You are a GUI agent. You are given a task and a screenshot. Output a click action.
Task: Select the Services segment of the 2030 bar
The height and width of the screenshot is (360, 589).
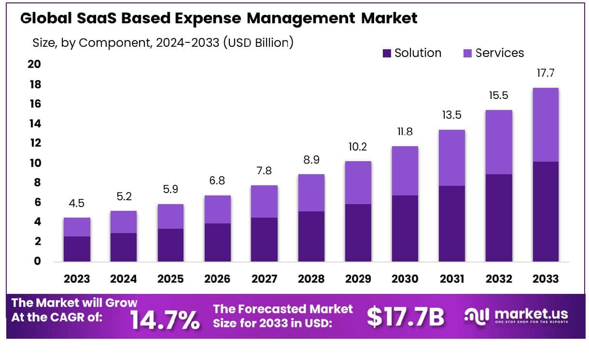[x=405, y=170]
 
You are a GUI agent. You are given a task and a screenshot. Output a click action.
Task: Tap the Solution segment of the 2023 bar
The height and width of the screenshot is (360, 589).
[x=77, y=249]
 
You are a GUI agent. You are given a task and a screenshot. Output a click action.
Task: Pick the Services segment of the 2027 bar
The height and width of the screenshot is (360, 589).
[x=264, y=201]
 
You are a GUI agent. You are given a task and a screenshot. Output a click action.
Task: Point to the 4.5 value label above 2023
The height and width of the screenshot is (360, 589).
[x=77, y=203]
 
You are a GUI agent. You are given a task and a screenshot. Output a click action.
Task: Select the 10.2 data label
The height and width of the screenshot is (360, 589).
[x=358, y=147]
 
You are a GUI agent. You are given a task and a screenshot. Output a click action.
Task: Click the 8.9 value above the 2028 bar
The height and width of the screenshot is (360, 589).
[x=311, y=160]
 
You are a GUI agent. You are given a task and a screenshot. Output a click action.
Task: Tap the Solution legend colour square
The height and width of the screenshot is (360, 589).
[x=387, y=53]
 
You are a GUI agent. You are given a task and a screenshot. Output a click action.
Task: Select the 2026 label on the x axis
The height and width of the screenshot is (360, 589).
[x=217, y=279]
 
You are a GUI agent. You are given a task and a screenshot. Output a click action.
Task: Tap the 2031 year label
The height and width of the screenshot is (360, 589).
[x=451, y=279]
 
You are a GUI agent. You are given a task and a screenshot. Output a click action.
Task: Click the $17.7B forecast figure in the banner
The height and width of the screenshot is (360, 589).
[x=405, y=316]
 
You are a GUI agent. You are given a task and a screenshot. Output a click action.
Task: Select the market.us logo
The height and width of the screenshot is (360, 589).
[x=516, y=316]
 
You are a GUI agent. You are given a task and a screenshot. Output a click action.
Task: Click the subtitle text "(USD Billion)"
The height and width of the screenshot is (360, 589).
[x=259, y=42]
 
